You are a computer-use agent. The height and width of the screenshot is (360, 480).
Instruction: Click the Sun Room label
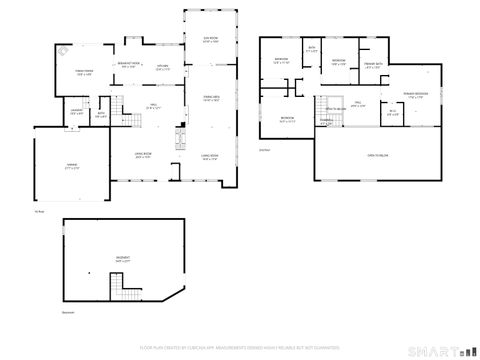pyautogui.click(x=211, y=41)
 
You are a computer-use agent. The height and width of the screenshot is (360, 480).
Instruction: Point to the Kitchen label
pyautogui.click(x=163, y=69)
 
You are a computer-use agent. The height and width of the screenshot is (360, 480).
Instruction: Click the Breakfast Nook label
pyautogui.click(x=129, y=66)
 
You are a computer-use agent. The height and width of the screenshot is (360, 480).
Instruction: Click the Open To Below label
pyautogui.click(x=377, y=156)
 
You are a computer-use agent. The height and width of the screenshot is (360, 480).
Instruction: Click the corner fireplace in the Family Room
pyautogui.click(x=62, y=51)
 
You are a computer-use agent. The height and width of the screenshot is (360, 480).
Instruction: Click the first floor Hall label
pyautogui.click(x=155, y=106)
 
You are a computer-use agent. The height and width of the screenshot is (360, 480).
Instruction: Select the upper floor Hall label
pyautogui.click(x=356, y=104)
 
